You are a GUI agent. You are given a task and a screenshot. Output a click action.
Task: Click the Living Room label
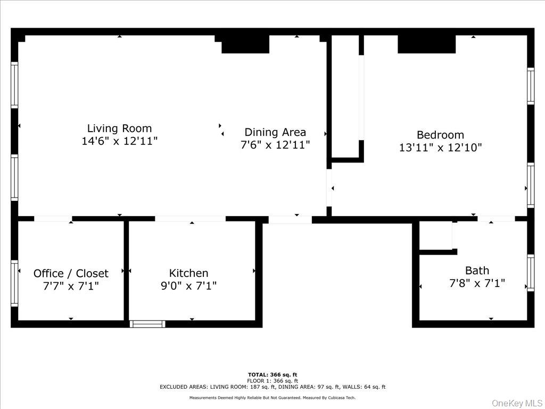[119, 128]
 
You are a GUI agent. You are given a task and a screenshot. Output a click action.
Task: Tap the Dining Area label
[275, 132]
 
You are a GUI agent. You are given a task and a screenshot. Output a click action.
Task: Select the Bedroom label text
[440, 135]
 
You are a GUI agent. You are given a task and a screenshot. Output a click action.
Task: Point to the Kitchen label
[188, 273]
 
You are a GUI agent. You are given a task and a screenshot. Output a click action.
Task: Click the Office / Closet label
[71, 273]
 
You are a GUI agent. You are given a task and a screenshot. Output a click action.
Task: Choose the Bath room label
[477, 270]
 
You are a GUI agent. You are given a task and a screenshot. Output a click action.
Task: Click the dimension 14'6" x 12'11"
[119, 141]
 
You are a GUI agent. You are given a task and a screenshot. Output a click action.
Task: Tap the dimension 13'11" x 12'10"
[440, 148]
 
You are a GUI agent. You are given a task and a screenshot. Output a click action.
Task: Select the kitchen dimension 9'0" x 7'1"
[188, 286]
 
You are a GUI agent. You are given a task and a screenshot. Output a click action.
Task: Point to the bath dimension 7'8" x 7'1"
[477, 283]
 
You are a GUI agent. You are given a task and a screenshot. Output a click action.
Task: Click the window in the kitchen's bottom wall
[147, 324]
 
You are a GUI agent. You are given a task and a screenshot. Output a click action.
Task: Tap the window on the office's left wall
[14, 283]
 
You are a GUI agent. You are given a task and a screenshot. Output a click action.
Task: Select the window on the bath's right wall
[530, 273]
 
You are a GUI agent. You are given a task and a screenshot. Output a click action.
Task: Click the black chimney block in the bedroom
[426, 45]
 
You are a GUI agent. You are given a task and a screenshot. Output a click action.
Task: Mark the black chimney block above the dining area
[245, 45]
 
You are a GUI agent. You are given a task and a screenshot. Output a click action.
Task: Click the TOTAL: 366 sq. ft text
[272, 374]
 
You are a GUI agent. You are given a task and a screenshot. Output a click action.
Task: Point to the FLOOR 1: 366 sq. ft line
[272, 381]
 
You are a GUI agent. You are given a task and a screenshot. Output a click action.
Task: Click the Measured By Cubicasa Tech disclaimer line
[272, 398]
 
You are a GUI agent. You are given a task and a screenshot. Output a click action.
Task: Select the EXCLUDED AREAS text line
[272, 387]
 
